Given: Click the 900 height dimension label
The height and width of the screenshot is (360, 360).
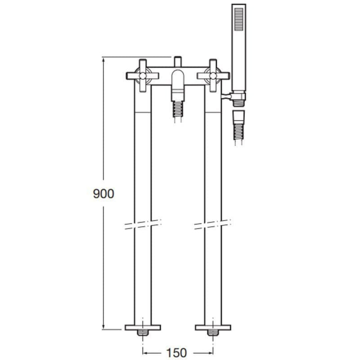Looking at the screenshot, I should [x=104, y=194].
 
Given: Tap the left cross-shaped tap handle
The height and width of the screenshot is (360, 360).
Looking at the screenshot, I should [x=142, y=76].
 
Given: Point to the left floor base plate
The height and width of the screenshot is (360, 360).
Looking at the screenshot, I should [x=142, y=327].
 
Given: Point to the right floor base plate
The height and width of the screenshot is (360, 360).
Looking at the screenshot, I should [x=213, y=327].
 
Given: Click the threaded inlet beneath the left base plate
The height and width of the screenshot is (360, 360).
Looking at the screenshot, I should [x=142, y=333].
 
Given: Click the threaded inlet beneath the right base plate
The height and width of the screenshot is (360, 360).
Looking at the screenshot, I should [x=213, y=333].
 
